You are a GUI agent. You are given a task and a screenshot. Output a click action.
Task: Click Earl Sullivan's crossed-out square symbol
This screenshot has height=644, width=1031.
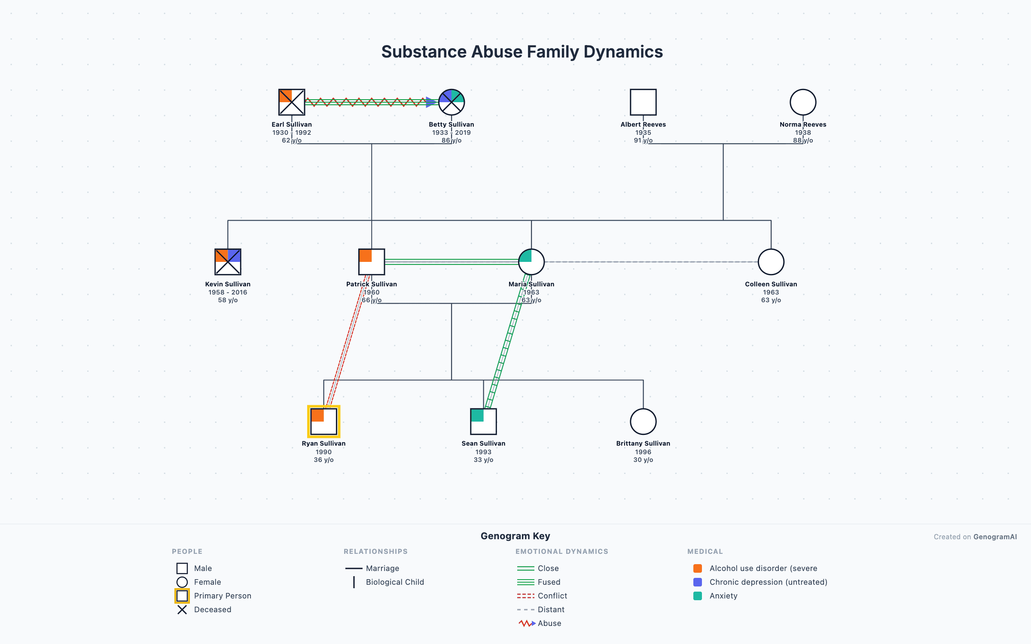click(292, 102)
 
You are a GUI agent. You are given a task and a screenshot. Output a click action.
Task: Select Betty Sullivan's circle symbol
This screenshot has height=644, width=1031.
click(451, 102)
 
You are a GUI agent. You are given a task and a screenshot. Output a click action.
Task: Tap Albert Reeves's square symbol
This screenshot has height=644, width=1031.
click(643, 102)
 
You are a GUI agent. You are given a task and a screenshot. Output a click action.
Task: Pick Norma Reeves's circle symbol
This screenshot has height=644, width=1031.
click(803, 102)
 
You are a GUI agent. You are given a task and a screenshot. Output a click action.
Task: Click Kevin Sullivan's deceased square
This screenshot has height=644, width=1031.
click(228, 262)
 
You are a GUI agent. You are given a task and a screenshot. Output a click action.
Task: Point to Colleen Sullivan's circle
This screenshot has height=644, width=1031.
click(771, 262)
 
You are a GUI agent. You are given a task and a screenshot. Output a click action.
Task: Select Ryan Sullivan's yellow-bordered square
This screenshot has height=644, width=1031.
click(323, 421)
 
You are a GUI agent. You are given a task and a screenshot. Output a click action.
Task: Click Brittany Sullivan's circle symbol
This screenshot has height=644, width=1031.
click(643, 421)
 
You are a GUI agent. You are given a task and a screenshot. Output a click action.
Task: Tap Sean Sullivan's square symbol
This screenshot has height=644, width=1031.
click(483, 421)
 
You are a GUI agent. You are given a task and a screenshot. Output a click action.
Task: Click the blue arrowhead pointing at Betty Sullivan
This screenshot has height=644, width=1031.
click(431, 102)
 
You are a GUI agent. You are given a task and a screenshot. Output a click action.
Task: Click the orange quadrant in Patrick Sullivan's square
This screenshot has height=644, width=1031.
click(366, 256)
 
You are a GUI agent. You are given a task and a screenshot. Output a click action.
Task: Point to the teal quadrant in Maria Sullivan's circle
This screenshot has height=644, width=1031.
click(526, 256)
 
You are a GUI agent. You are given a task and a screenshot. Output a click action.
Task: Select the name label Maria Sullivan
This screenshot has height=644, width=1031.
click(531, 284)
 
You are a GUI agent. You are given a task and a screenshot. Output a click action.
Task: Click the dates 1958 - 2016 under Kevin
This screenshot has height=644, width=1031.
click(228, 292)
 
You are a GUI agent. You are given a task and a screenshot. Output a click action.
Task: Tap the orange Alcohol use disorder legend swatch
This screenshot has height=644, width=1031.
click(698, 568)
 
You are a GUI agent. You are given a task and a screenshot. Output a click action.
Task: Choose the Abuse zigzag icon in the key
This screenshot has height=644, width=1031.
click(526, 623)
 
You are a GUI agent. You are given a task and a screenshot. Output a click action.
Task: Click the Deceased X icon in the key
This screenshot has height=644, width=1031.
click(182, 610)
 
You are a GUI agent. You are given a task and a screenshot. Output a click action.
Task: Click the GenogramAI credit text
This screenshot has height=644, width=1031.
click(995, 537)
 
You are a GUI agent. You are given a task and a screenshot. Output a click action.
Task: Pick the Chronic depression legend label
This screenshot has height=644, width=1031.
click(768, 582)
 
